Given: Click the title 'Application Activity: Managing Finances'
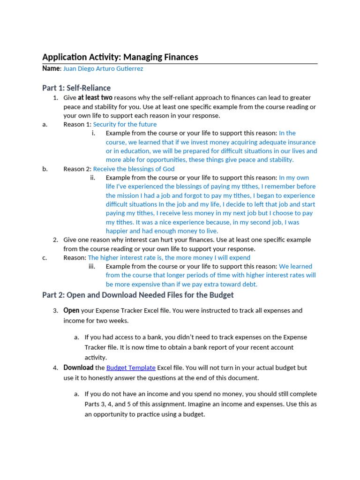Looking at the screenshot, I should coord(120,57).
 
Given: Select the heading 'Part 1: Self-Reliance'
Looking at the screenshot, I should coord(76,88).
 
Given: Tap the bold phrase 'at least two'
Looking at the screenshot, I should coord(95,97).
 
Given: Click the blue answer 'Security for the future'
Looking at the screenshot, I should coord(125,124).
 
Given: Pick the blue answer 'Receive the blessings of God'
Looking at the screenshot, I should coord(134,169).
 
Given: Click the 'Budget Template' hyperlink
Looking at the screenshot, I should coord(131,367).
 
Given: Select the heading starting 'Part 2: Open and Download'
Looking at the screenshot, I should coord(138,295).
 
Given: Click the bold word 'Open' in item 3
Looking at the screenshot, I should coord(71,310).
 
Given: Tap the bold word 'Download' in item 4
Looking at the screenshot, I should coord(78,367).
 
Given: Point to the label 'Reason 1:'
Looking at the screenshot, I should coord(77,124).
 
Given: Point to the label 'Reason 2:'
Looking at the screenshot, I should coord(77,169).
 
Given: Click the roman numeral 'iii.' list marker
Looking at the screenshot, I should coord(92,266).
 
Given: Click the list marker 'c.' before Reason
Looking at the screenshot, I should coord(45,257).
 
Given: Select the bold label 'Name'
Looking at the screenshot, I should coord(51,68).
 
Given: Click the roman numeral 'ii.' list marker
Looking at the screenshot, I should coord(92,178).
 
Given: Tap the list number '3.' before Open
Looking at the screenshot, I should coord(55,310).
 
